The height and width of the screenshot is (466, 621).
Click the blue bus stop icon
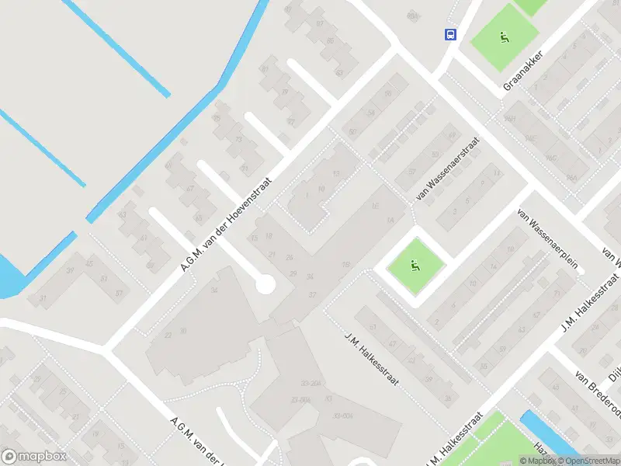point(449,34)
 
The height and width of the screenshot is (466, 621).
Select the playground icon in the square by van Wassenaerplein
point(415,266)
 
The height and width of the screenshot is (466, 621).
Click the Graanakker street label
point(522,71)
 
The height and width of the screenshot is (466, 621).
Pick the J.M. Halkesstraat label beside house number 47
point(371,359)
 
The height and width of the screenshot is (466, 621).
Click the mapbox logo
point(33,457)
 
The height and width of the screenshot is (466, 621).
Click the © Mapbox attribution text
point(538,461)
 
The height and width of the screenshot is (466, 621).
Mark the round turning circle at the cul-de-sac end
point(265,285)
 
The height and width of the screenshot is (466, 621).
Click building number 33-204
point(310,383)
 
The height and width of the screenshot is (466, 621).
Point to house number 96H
point(509,118)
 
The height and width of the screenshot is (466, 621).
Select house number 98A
point(412,15)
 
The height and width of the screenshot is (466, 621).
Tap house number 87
point(320,24)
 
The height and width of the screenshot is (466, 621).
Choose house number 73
point(238,140)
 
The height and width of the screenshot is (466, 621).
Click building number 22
point(168,336)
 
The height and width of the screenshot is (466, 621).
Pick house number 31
point(43,297)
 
